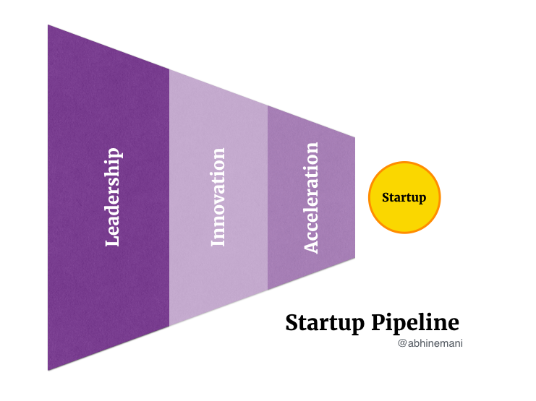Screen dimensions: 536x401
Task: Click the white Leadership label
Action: tap(112, 197)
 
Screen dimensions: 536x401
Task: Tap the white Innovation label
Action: tap(218, 197)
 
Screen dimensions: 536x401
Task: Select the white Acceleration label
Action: tap(311, 198)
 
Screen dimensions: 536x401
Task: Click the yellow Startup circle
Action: tap(404, 197)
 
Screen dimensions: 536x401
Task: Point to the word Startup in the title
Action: tap(325, 323)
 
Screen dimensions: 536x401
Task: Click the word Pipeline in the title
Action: tap(415, 323)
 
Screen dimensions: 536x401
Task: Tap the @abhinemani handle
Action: tap(430, 343)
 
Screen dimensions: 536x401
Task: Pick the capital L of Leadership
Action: tap(112, 240)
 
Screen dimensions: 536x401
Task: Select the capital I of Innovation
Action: tap(218, 242)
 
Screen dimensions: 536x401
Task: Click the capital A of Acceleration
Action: tap(311, 246)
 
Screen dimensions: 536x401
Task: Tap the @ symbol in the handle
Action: tap(402, 343)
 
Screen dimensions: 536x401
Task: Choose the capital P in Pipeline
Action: tap(379, 322)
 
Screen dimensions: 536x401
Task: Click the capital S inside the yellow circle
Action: tap(386, 197)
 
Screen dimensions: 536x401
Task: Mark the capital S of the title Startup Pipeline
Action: tap(292, 323)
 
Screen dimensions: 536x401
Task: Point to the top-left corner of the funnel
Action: tap(48, 25)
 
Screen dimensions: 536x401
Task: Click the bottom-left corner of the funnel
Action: tap(48, 371)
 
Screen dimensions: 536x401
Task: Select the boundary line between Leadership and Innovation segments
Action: tap(169, 198)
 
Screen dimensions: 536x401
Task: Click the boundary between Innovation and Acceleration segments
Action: tap(268, 198)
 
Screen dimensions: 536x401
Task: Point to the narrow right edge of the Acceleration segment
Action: tap(355, 198)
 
